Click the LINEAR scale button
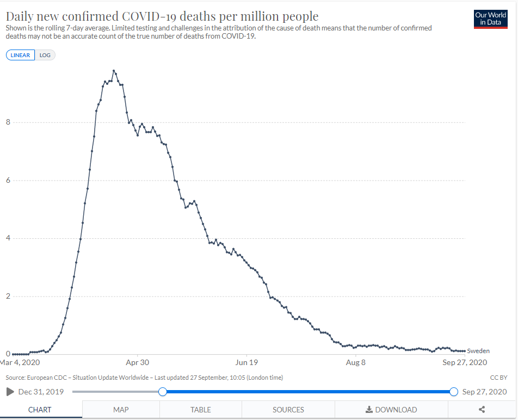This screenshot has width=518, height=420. [x=21, y=55]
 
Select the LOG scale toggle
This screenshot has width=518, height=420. [x=45, y=55]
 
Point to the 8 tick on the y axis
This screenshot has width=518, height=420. [x=8, y=122]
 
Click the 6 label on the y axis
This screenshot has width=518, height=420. [x=8, y=181]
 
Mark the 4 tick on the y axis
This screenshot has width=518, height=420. [x=8, y=238]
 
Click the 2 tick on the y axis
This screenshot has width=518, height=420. [x=8, y=297]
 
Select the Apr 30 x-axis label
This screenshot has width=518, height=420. [x=137, y=362]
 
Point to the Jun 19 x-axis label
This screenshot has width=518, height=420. [x=246, y=362]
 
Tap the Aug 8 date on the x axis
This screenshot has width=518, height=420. [x=355, y=362]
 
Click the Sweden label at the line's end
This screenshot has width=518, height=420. [x=478, y=351]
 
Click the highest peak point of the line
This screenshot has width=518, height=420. [x=114, y=71]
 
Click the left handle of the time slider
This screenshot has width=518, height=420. [x=162, y=392]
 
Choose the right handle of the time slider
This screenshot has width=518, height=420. [x=454, y=392]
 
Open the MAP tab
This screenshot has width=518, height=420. [x=121, y=410]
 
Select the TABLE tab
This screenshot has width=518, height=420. [x=201, y=410]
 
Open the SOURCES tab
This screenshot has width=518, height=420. [x=288, y=410]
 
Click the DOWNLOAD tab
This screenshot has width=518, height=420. [x=391, y=410]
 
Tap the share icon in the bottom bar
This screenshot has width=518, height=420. [x=482, y=410]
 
